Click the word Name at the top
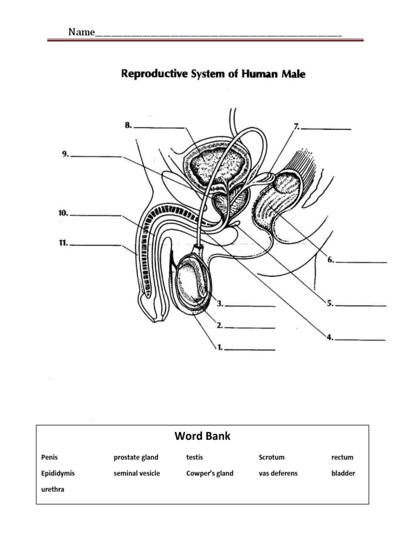[81, 33]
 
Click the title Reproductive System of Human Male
[214, 74]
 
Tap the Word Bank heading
[202, 436]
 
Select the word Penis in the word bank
[49, 457]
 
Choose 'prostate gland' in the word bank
[136, 458]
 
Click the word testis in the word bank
[195, 457]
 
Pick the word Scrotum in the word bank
[271, 457]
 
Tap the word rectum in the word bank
[342, 457]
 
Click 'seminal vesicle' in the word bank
[136, 473]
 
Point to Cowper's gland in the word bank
[210, 473]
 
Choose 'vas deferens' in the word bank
[278, 473]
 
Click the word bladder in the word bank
[343, 473]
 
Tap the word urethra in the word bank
[52, 489]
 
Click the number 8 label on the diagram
[128, 125]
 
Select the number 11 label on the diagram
[63, 243]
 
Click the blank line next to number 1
[250, 350]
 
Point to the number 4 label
[330, 337]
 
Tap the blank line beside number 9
[96, 156]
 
